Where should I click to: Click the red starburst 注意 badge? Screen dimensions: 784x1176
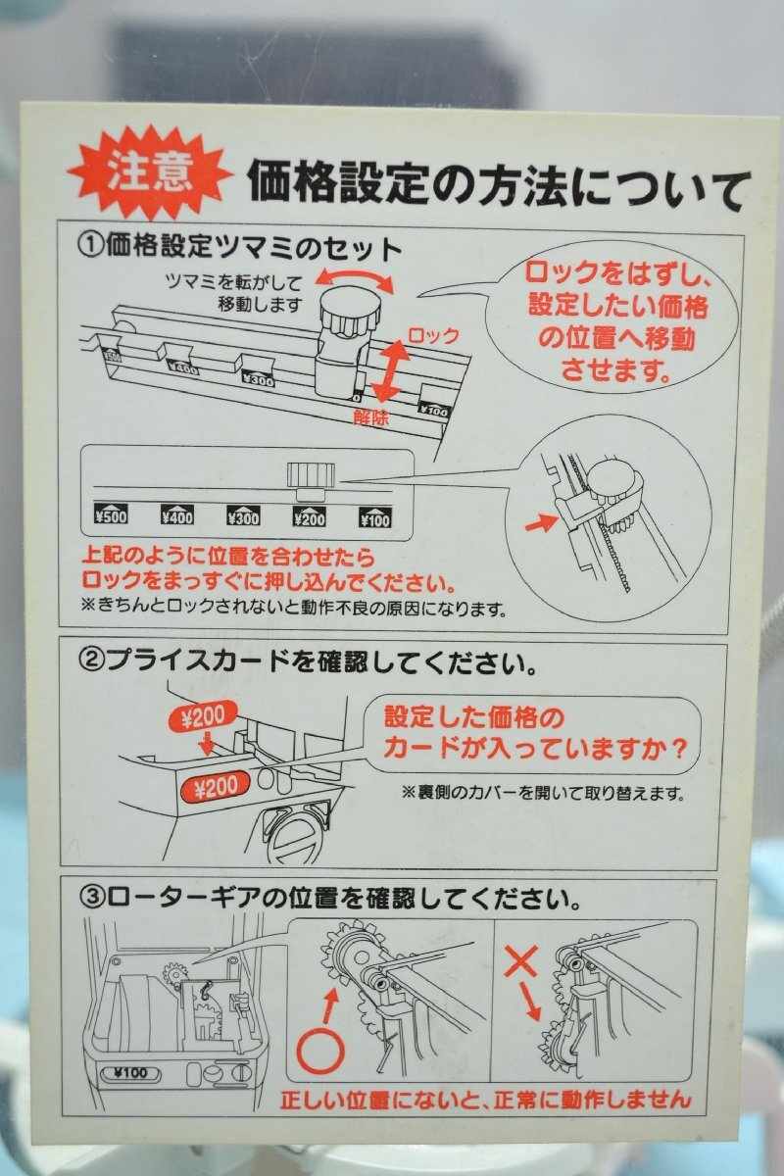point(150,171)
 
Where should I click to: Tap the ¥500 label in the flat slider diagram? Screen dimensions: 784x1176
point(111,516)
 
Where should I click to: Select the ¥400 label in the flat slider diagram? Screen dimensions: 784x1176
point(177,516)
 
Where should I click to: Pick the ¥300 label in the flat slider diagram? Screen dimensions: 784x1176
point(243,516)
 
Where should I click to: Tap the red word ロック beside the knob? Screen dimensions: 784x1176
point(434,335)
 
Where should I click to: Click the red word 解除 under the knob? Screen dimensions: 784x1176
point(370,417)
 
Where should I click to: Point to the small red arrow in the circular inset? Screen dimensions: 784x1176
point(540,523)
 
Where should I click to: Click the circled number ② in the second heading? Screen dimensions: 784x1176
point(91,663)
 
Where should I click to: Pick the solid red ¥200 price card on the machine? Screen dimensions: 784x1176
point(215,786)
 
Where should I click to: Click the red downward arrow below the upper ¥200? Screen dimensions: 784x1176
point(208,744)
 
